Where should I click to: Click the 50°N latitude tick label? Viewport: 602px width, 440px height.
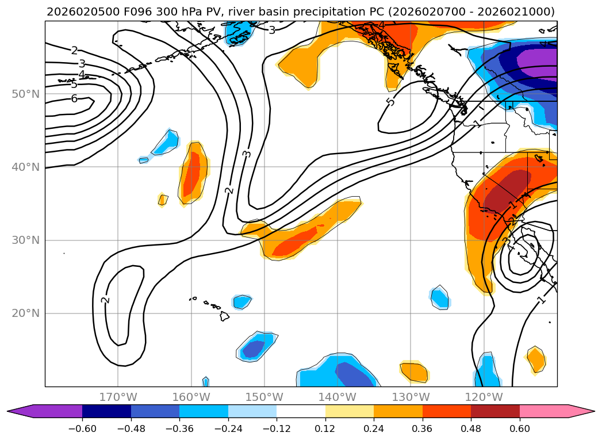25,94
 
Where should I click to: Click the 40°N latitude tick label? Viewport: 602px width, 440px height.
25,167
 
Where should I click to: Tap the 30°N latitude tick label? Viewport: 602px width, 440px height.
25,240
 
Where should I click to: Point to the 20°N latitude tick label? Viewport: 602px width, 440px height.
25,313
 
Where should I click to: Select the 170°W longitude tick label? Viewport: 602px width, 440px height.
118,397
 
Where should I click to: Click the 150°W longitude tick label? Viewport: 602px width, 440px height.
264,397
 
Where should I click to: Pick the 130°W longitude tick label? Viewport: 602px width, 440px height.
411,397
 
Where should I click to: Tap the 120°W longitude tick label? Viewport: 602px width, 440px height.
484,397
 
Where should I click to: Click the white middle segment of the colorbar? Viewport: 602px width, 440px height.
301,411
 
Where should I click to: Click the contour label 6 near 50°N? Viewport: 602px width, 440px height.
74,98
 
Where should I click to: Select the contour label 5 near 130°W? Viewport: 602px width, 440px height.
391,102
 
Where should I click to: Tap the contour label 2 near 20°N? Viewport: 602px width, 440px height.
105,299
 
